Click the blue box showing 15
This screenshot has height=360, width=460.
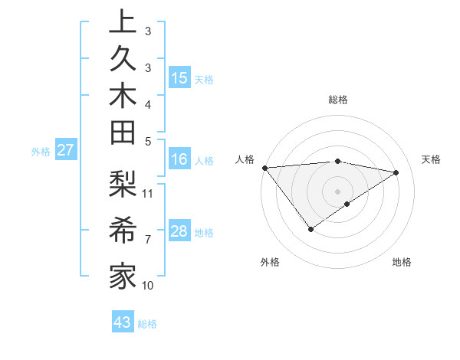tap(179, 78)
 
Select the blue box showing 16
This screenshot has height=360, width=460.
tap(179, 159)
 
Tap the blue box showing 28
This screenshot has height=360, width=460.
tap(179, 231)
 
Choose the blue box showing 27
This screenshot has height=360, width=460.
tap(65, 150)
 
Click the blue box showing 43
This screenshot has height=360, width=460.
tap(123, 322)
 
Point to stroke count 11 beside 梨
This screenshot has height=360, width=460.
tap(148, 192)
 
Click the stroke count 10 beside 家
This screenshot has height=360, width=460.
tap(148, 285)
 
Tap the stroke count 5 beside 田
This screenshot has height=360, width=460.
tap(148, 140)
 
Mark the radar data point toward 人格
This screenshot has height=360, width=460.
tap(264, 167)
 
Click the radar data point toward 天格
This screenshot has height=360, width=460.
tap(396, 172)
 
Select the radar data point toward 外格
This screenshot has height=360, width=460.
tap(310, 229)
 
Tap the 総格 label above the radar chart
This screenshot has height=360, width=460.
tap(338, 100)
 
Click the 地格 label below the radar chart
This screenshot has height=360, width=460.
tap(402, 263)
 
